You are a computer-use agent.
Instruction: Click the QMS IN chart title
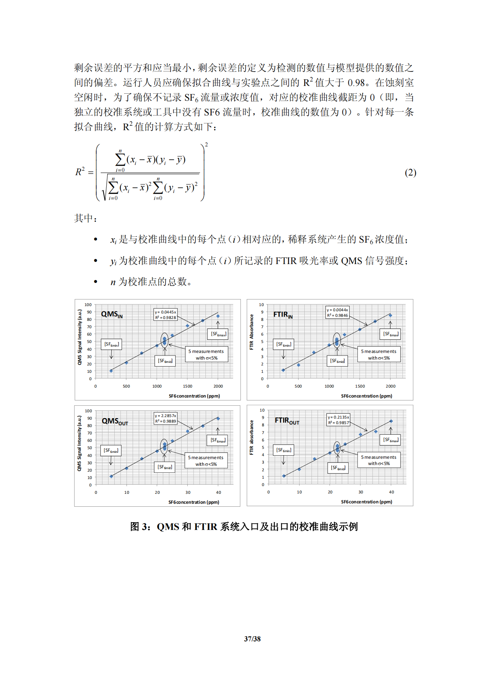[x=112, y=315]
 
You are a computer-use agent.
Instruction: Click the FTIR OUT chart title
[x=287, y=421]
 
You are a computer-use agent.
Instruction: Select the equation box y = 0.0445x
[x=165, y=315]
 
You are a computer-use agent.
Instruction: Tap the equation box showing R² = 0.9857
[x=338, y=420]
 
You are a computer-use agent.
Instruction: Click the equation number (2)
[x=410, y=173]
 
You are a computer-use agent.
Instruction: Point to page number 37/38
[x=252, y=639]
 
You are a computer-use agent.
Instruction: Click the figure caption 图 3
[x=244, y=527]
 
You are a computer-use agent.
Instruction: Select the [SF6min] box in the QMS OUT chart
[x=111, y=451]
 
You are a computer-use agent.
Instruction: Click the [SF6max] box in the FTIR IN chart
[x=390, y=334]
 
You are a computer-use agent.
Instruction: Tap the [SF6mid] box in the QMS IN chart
[x=165, y=361]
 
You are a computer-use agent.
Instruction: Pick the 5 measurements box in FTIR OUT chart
[x=378, y=460]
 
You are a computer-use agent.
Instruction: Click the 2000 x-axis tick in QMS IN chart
[x=218, y=386]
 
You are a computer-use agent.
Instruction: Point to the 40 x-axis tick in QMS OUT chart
[x=218, y=492]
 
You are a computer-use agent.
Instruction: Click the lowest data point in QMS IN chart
[x=111, y=371]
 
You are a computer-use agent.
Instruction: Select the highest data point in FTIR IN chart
[x=390, y=315]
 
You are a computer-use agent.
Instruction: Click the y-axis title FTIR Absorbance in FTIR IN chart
[x=252, y=332]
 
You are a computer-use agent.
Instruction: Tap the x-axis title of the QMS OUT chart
[x=194, y=502]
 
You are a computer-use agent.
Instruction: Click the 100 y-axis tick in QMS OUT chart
[x=88, y=411]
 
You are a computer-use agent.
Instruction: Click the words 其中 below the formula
[x=85, y=218]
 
